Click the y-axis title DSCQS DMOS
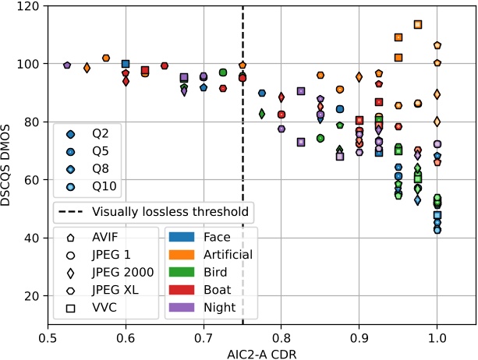tap(10, 164)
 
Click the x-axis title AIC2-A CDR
tap(261, 351)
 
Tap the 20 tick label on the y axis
tap(31, 296)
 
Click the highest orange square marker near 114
tap(418, 24)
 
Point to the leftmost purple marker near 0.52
tap(67, 65)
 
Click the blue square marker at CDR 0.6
tap(126, 64)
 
